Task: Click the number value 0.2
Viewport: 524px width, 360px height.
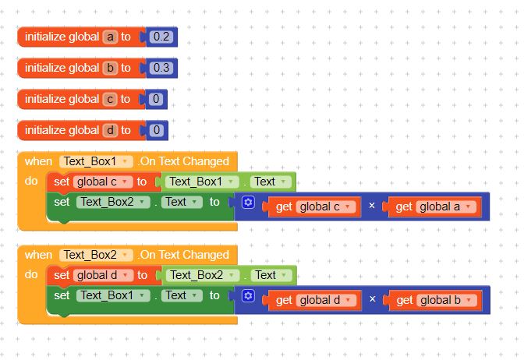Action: pos(161,37)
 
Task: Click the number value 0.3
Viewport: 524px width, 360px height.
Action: pos(161,68)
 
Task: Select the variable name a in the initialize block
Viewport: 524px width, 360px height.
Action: pos(110,37)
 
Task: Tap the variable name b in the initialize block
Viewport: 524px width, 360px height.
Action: pos(110,68)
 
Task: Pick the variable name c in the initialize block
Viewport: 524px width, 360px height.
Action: pos(110,99)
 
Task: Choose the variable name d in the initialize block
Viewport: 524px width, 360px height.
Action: pos(110,130)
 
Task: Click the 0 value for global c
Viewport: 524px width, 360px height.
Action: pos(156,99)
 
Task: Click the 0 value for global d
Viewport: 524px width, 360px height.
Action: pos(157,130)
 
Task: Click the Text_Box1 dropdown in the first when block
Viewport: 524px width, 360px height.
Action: pos(96,161)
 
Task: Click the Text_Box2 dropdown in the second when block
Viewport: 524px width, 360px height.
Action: pos(96,255)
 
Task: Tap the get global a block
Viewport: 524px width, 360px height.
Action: pos(433,207)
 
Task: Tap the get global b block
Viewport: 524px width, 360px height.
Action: pos(434,301)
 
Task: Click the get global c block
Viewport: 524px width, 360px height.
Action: pos(313,207)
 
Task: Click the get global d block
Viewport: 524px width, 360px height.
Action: pos(313,301)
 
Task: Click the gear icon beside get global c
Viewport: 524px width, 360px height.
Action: pos(248,202)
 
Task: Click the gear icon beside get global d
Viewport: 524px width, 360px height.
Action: pos(248,295)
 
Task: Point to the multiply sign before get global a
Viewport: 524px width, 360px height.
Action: pos(372,206)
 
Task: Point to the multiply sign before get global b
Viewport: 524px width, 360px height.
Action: pos(372,299)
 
